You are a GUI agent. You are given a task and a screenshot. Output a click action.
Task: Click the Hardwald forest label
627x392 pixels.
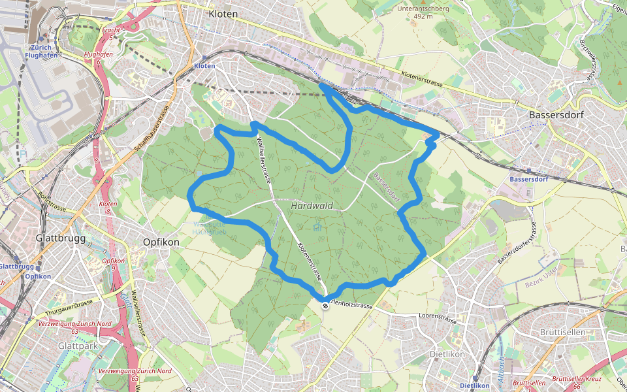(312, 206)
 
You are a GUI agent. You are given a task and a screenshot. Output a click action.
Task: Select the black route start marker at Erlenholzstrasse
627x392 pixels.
(325, 299)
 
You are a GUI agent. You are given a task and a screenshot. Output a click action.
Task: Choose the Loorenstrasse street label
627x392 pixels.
(438, 319)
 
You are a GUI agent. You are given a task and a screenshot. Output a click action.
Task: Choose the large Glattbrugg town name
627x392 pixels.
(61, 239)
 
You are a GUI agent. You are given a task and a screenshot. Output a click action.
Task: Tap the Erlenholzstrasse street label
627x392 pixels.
(351, 305)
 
